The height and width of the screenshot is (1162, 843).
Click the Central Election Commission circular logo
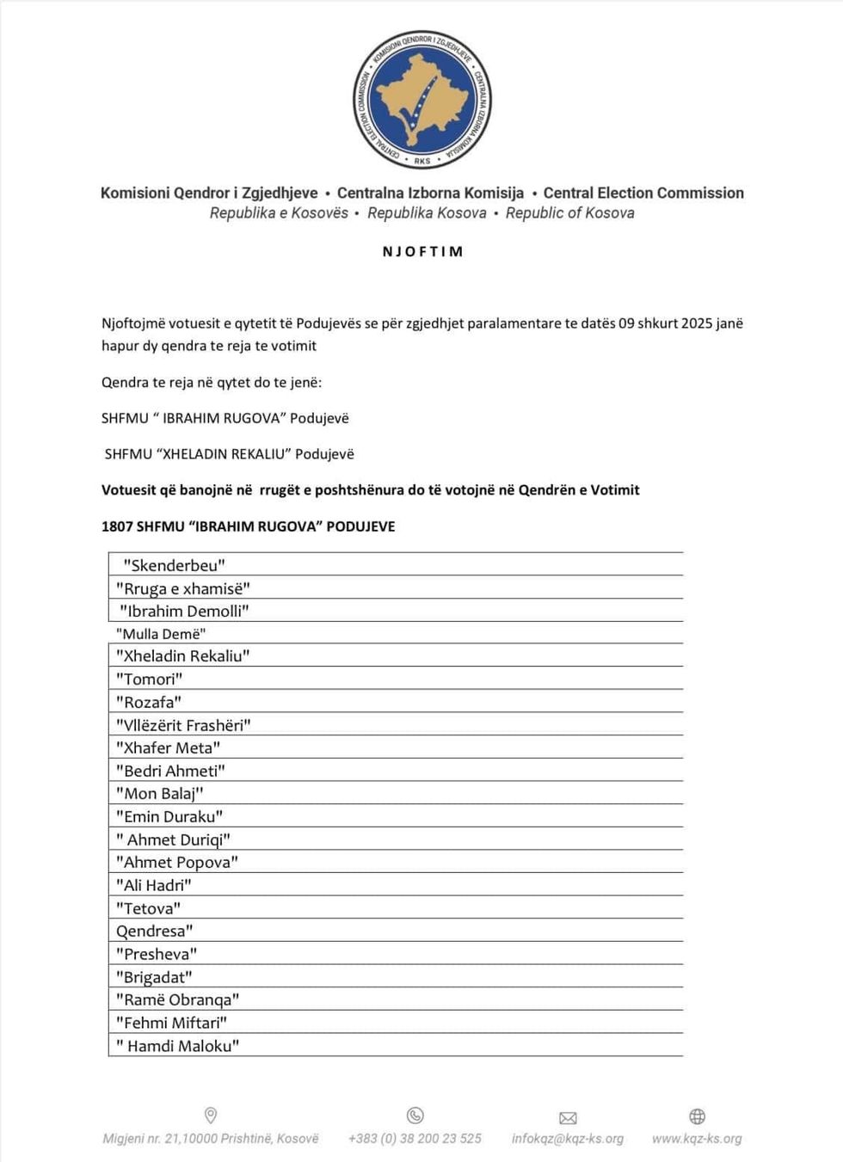tap(422, 99)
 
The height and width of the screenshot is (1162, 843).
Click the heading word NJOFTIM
tap(422, 252)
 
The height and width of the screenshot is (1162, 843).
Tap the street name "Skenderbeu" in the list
tap(174, 565)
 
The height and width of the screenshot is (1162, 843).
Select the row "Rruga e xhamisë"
tap(183, 588)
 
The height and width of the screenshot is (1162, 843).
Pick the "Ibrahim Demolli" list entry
tap(184, 611)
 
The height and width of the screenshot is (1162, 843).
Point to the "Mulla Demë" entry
tap(161, 634)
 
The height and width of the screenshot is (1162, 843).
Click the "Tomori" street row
tap(149, 679)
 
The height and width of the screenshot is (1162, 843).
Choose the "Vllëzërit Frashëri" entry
tap(183, 725)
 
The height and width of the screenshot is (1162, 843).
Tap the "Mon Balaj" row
tap(159, 794)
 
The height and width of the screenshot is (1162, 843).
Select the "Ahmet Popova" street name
tap(176, 862)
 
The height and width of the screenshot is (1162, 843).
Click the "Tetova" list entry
tap(148, 908)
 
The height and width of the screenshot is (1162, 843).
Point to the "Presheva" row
tap(157, 954)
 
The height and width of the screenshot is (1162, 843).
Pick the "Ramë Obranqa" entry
tap(177, 999)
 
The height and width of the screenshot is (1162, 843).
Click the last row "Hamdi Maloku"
tap(178, 1046)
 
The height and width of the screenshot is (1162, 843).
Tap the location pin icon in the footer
tap(211, 1116)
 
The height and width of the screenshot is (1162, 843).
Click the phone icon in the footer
tap(415, 1116)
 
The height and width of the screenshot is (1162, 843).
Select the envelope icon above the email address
tap(568, 1118)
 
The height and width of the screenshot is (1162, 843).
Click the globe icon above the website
tap(698, 1116)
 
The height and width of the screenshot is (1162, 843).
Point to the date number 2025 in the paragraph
tap(698, 323)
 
